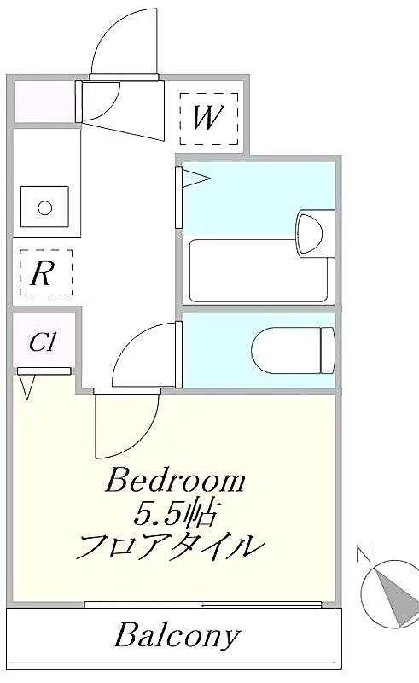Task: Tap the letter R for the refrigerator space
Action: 43,273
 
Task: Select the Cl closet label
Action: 43,342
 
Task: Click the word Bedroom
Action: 176,481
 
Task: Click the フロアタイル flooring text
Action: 171,546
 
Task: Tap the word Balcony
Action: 177,635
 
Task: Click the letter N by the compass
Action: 364,555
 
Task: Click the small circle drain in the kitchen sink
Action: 45,207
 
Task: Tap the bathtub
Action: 259,271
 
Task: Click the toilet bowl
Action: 286,350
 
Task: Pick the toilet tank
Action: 328,350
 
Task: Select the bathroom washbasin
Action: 310,231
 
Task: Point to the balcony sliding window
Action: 203,604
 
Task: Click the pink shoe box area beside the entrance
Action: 44,102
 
